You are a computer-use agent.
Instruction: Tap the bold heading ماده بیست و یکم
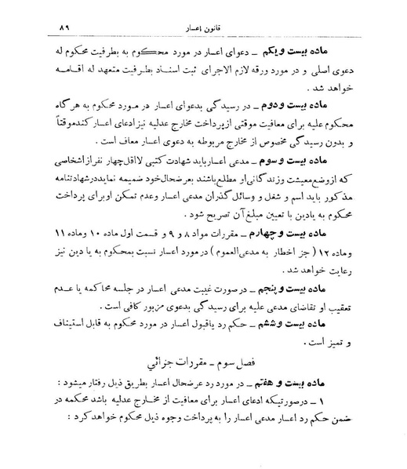(x=343, y=38)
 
